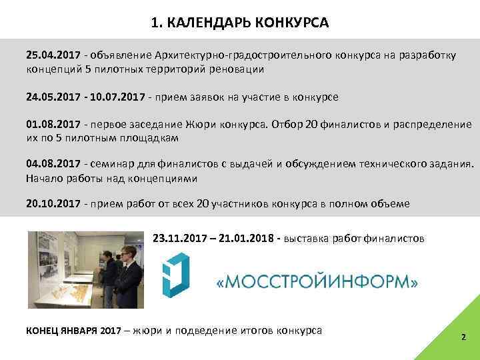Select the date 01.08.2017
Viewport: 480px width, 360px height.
[x=50, y=125]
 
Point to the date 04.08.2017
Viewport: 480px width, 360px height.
[x=50, y=165]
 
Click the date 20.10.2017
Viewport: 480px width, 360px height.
[x=50, y=203]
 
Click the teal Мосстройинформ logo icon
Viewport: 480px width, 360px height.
[x=177, y=277]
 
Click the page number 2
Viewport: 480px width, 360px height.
[x=463, y=337]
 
